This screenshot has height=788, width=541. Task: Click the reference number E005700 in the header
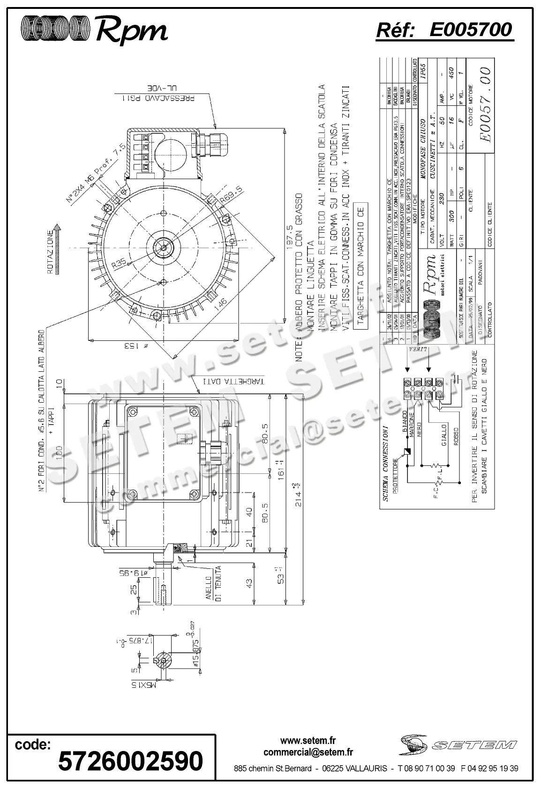[x=470, y=30]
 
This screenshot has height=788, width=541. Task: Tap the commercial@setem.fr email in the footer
[x=308, y=752]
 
